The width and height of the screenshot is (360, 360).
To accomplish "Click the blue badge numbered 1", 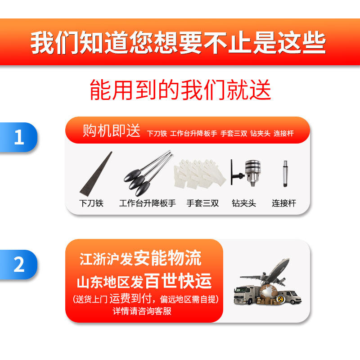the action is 18,137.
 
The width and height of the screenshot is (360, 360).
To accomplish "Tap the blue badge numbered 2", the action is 18,265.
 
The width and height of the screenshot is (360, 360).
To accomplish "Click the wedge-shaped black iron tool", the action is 96,174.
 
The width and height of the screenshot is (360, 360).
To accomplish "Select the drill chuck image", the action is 246,173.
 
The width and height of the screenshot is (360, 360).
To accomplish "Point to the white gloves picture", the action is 200,174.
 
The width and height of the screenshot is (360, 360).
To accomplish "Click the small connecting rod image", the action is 285,174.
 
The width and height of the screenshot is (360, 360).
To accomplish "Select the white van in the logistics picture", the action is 290,297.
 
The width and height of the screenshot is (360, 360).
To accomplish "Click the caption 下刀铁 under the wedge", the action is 91,203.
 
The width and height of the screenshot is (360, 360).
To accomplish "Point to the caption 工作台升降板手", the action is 148,203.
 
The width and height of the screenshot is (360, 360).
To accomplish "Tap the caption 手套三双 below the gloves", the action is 202,203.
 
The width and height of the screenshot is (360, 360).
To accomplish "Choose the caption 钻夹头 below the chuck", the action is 244,203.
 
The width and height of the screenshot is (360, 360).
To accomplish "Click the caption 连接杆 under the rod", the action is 284,203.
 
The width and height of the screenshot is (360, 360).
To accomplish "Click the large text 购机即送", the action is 111,130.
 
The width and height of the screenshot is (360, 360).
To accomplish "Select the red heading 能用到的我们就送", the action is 180,90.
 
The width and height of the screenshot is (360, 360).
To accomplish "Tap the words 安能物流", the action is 167,257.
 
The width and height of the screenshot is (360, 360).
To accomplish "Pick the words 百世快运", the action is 178,281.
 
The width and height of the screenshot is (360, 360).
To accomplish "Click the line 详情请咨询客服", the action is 142,311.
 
